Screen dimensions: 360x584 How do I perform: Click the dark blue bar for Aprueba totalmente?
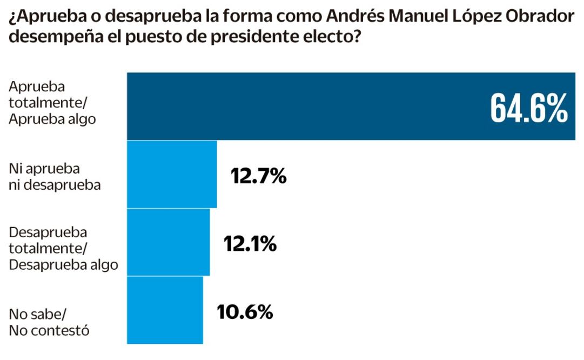point(303,106)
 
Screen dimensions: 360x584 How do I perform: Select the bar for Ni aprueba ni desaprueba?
point(172,174)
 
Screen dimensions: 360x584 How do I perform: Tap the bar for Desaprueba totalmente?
point(168,242)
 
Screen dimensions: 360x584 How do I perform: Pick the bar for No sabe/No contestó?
point(165,310)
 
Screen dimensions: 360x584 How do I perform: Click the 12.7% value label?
point(258,176)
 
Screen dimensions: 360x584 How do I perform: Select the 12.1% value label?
point(250,244)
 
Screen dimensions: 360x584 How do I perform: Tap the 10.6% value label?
point(244,312)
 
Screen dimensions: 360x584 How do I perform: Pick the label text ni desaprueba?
point(55,185)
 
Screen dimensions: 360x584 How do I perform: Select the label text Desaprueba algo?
point(64,264)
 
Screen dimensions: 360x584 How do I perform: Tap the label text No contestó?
point(49,329)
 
